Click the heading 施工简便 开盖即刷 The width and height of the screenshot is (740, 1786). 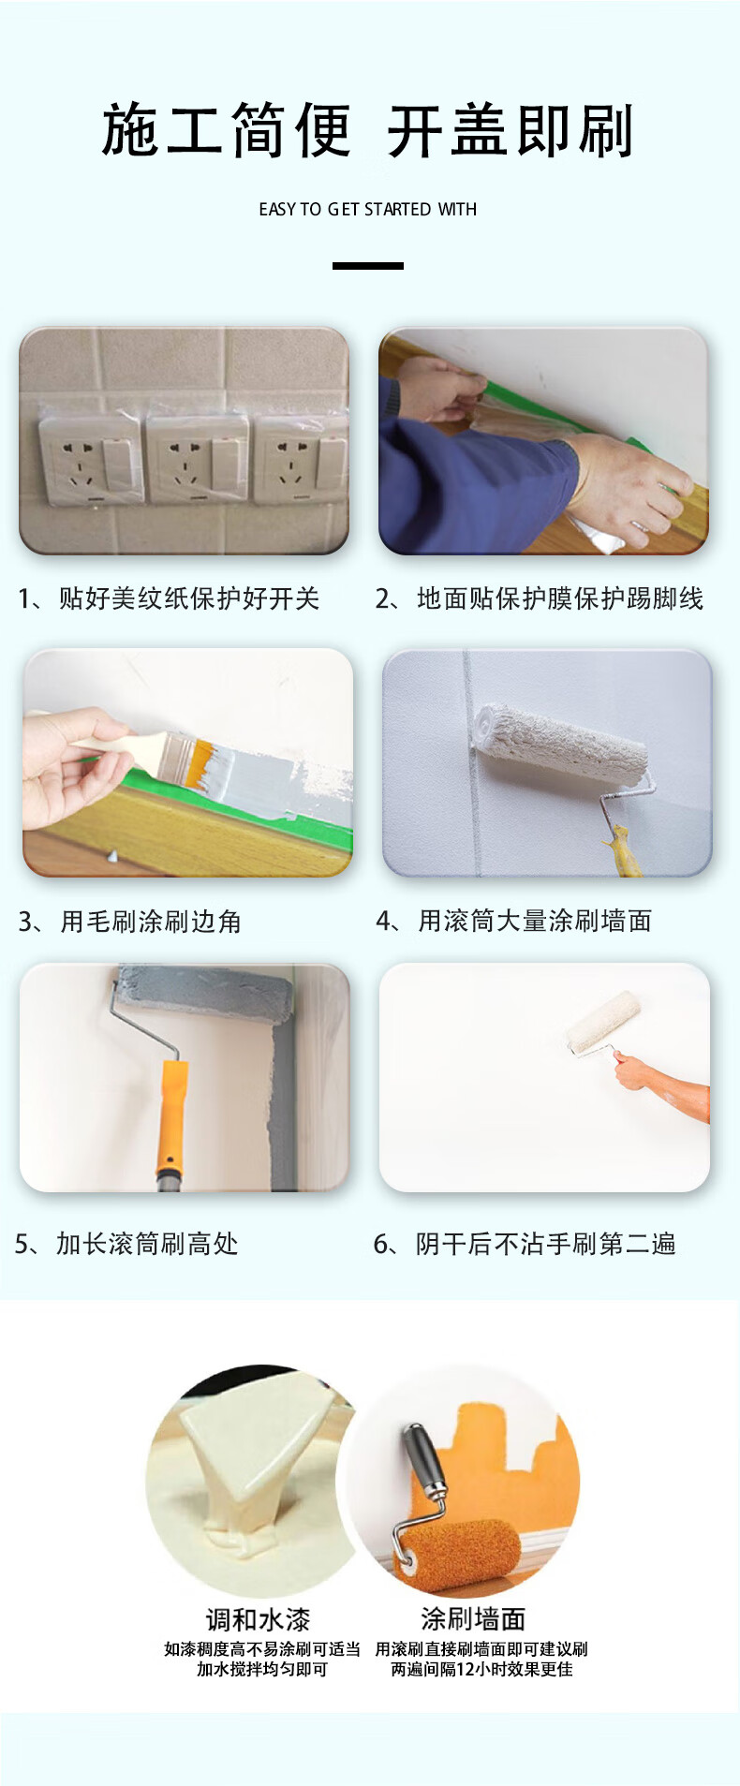(368, 131)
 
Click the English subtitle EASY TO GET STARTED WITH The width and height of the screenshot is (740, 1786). (368, 210)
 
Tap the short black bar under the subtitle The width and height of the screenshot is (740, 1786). (368, 266)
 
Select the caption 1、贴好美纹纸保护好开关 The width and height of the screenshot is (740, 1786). (169, 598)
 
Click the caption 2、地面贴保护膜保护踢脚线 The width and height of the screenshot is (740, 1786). (539, 598)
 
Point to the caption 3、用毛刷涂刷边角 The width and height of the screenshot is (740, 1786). (129, 922)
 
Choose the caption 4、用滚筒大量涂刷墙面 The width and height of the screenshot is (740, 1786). (513, 922)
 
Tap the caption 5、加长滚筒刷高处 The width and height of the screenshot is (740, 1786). (126, 1244)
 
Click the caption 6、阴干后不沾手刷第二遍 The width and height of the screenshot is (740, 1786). (525, 1244)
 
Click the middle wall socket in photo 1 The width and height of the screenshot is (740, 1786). (198, 457)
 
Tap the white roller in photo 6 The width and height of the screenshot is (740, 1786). (603, 1023)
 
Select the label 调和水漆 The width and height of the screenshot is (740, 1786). (258, 1619)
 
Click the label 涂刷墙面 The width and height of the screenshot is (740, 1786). (473, 1618)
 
